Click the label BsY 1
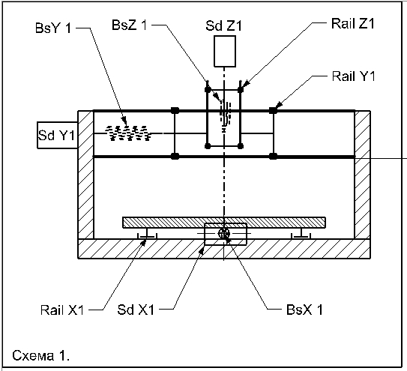tap(53, 28)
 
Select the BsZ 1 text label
tap(129, 25)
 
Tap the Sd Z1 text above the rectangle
tap(223, 25)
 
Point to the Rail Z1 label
tap(353, 24)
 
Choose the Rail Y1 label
tap(354, 76)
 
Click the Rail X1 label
tap(62, 310)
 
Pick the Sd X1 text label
tap(136, 310)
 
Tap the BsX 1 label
tap(304, 310)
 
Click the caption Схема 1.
tap(40, 355)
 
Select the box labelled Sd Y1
tap(58, 135)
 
